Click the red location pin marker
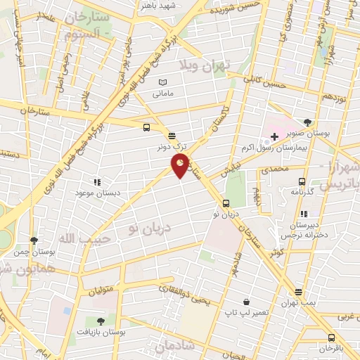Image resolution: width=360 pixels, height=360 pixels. click(x=181, y=165)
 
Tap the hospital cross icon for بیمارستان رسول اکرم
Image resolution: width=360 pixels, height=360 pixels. click(x=274, y=135)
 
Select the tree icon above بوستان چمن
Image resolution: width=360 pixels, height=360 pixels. click(x=33, y=240)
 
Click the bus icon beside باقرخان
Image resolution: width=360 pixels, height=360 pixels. click(x=330, y=337)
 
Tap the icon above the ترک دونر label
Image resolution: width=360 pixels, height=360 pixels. click(x=172, y=136)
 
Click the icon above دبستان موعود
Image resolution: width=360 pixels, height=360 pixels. click(x=96, y=181)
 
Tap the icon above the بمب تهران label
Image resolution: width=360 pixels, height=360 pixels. click(x=300, y=292)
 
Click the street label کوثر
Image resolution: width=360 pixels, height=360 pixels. click(x=278, y=251)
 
